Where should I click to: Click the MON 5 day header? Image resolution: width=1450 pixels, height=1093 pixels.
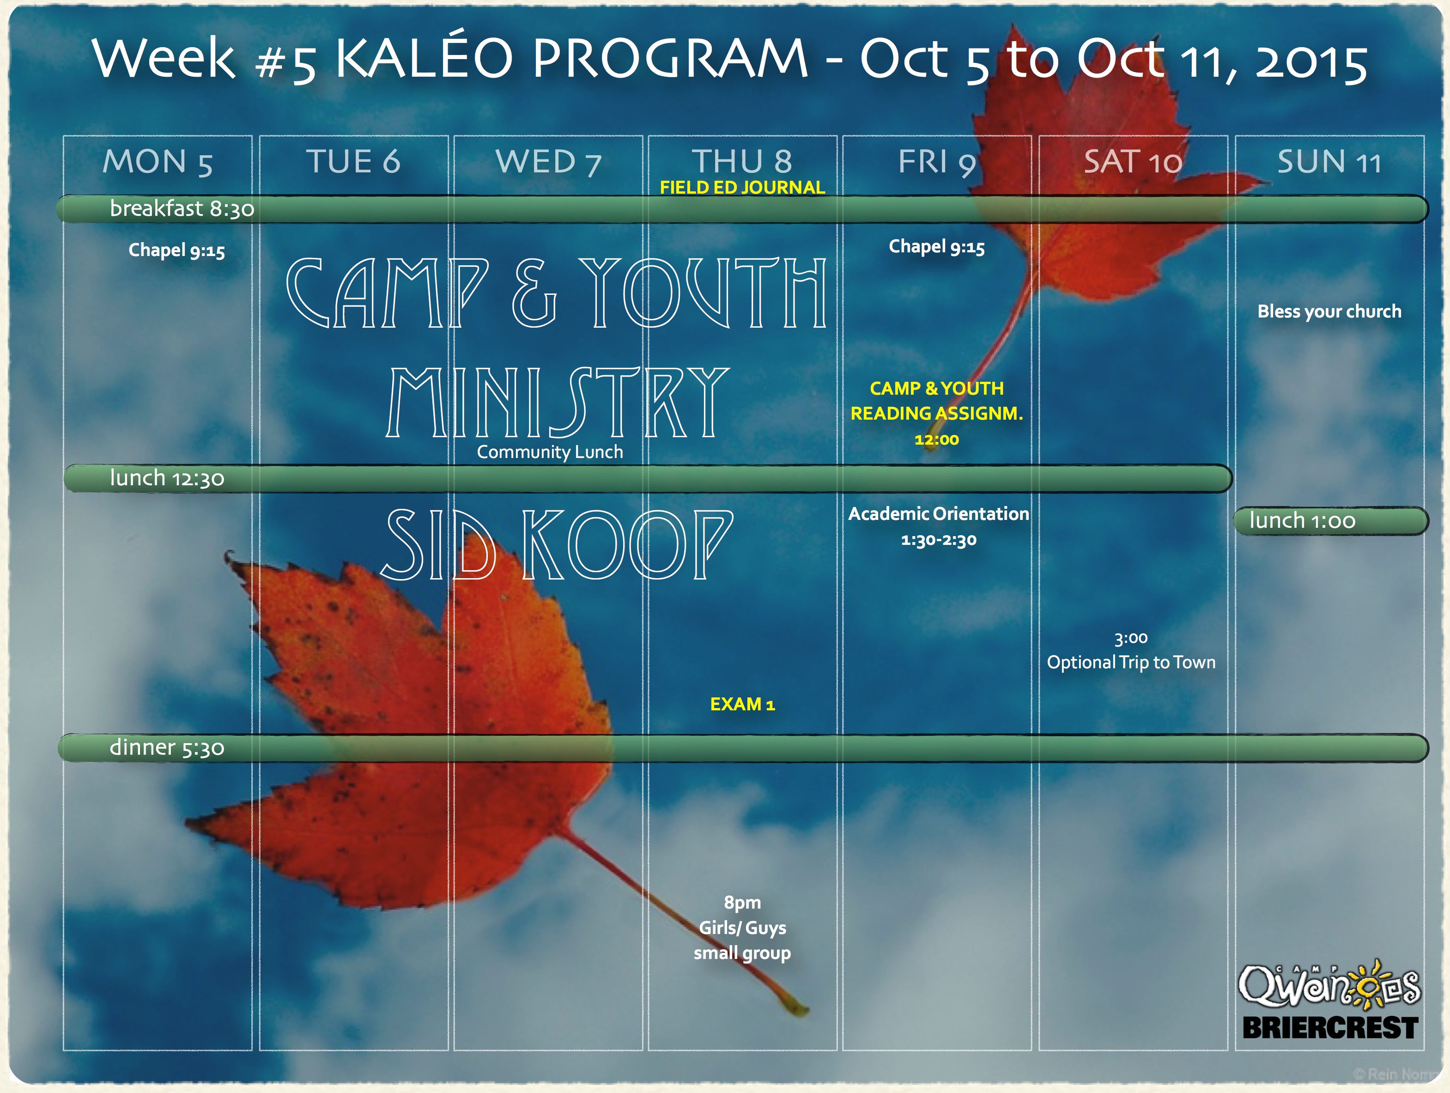pos(158,161)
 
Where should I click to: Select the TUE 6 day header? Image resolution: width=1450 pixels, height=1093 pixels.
pos(353,161)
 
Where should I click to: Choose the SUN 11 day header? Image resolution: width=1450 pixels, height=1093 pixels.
pos(1329,161)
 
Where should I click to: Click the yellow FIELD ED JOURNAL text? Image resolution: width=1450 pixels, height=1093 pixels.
pos(742,188)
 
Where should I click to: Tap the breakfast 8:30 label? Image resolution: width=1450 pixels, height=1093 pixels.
pos(182,208)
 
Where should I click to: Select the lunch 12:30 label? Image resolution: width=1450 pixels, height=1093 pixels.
pos(167,478)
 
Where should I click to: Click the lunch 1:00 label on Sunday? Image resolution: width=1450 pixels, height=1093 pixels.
pos(1302,520)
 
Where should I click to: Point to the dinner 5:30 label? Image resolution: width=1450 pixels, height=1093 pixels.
pos(167,747)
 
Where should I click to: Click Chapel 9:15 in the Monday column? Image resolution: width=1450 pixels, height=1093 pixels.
pos(176,250)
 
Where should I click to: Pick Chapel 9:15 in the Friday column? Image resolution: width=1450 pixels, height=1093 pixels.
pos(937,247)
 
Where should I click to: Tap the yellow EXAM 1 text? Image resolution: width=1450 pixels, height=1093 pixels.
pos(742,704)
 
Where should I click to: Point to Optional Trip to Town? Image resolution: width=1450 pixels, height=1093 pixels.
pos(1131,662)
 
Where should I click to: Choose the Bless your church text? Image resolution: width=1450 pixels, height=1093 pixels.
pos(1329,311)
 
